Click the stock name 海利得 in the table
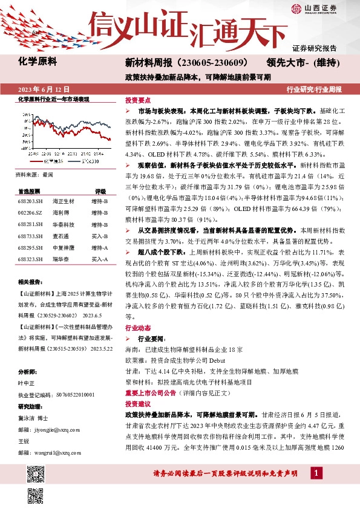61,212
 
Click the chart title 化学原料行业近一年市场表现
53,99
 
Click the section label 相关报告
29,282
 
